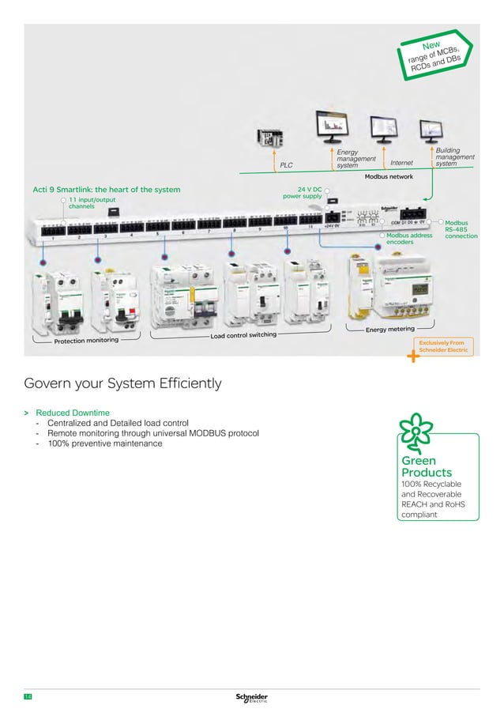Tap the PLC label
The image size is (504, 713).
click(286, 166)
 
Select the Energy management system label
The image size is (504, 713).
click(355, 158)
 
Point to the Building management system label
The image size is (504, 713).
click(455, 156)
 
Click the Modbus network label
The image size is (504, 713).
click(389, 177)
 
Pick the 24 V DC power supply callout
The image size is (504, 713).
click(303, 193)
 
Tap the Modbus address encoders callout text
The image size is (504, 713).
click(409, 239)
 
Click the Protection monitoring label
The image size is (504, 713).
click(86, 341)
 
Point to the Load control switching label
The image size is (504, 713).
click(243, 335)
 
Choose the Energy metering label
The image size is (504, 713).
click(390, 328)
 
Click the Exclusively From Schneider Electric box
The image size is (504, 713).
click(447, 345)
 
